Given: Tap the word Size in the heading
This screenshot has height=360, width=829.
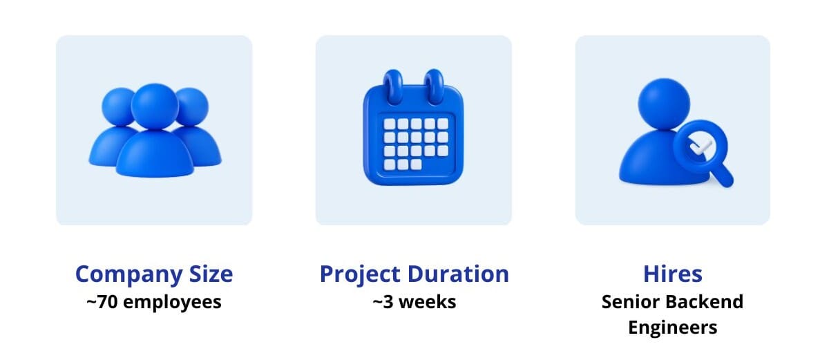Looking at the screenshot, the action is pyautogui.click(x=211, y=274).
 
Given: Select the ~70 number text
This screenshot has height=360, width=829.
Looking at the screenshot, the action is pyautogui.click(x=102, y=302).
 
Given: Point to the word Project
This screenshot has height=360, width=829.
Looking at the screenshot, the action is pyautogui.click(x=360, y=275).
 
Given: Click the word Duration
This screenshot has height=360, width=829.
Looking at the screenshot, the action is pyautogui.click(x=458, y=274).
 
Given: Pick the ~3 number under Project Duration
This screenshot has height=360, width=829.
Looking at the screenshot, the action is pyautogui.click(x=383, y=302).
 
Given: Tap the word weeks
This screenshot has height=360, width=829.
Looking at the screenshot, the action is pyautogui.click(x=428, y=302).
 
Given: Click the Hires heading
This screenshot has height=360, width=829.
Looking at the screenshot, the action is pyautogui.click(x=673, y=274).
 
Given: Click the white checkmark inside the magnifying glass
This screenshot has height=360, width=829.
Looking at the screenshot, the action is pyautogui.click(x=701, y=147).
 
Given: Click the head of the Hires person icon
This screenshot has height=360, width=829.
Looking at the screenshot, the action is pyautogui.click(x=664, y=104).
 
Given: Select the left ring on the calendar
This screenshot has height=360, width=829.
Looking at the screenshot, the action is pyautogui.click(x=393, y=86).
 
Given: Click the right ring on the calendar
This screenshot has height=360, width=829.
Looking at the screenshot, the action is pyautogui.click(x=434, y=86).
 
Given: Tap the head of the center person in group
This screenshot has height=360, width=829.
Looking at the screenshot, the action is pyautogui.click(x=155, y=106).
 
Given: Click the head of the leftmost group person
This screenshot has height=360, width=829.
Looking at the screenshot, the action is pyautogui.click(x=117, y=106).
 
